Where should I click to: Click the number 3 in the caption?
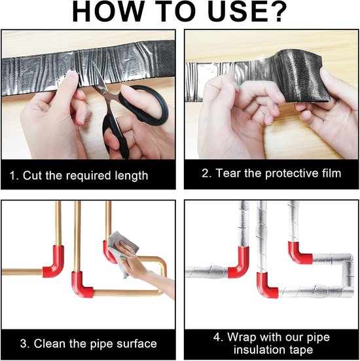24,344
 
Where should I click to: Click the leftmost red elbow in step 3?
54,262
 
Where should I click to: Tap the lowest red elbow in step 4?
267,286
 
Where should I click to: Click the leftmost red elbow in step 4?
240,263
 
